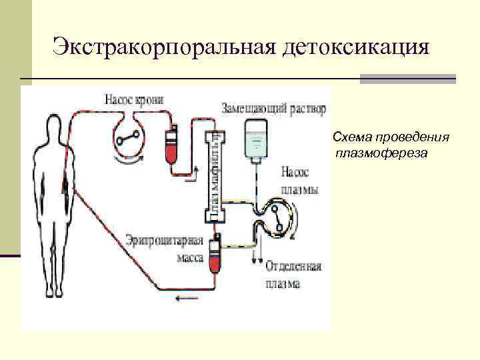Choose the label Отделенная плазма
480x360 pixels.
(x=293, y=275)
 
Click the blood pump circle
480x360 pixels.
(x=126, y=137)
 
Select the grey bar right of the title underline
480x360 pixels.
(x=407, y=79)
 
